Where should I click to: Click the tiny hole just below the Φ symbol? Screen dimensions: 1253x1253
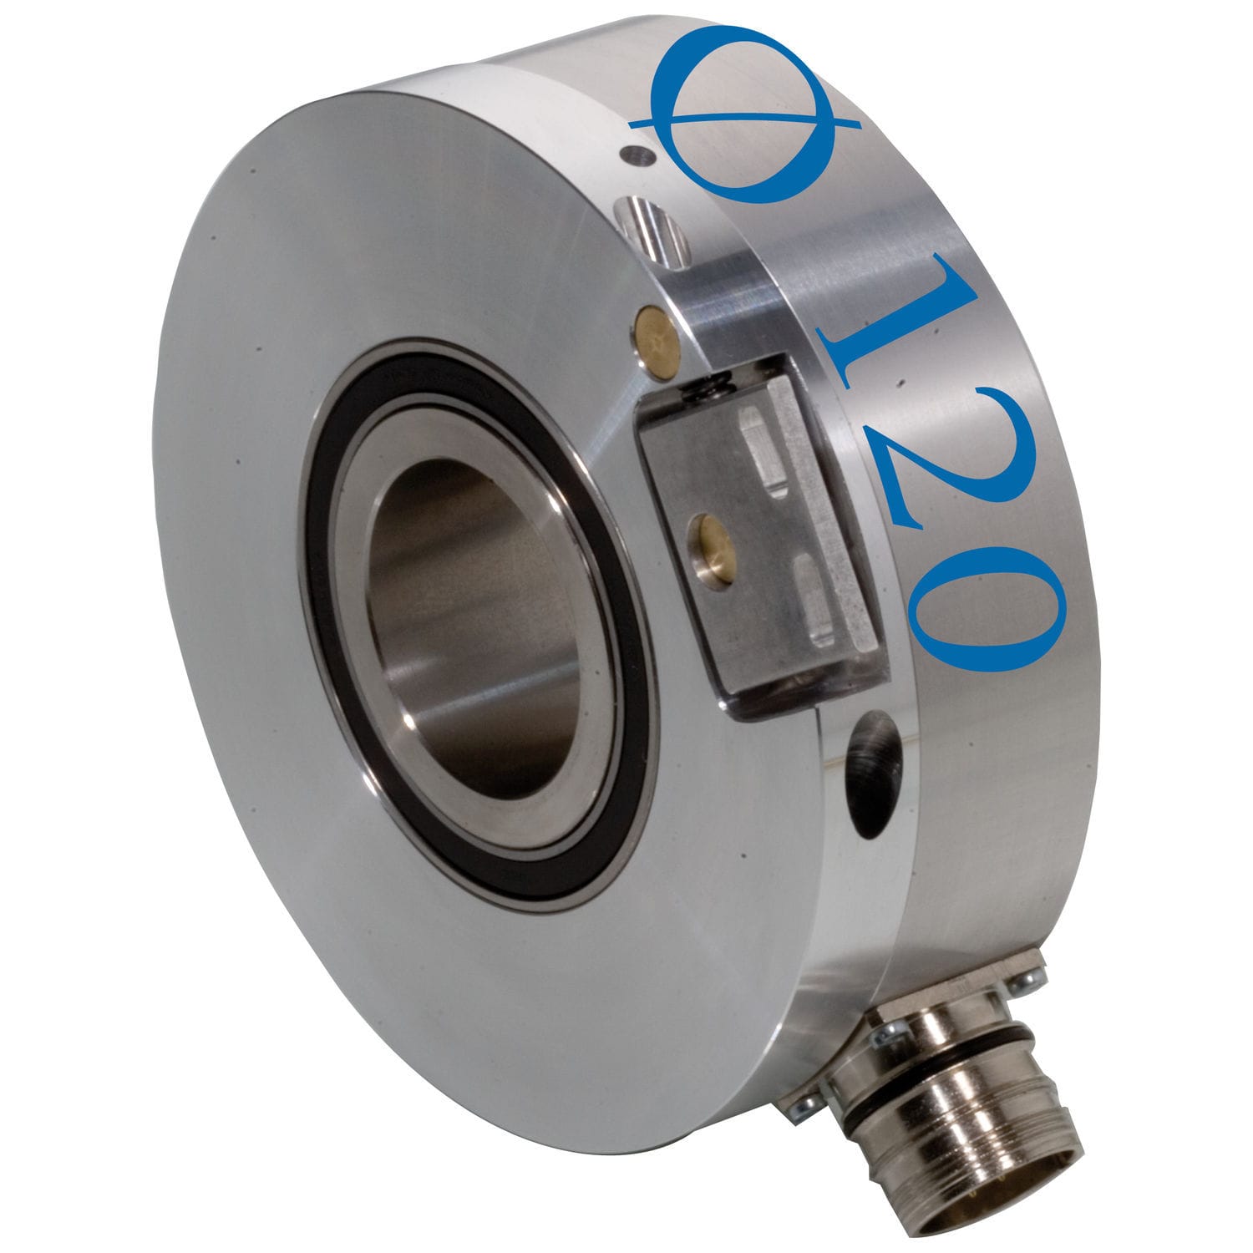pos(637,154)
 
